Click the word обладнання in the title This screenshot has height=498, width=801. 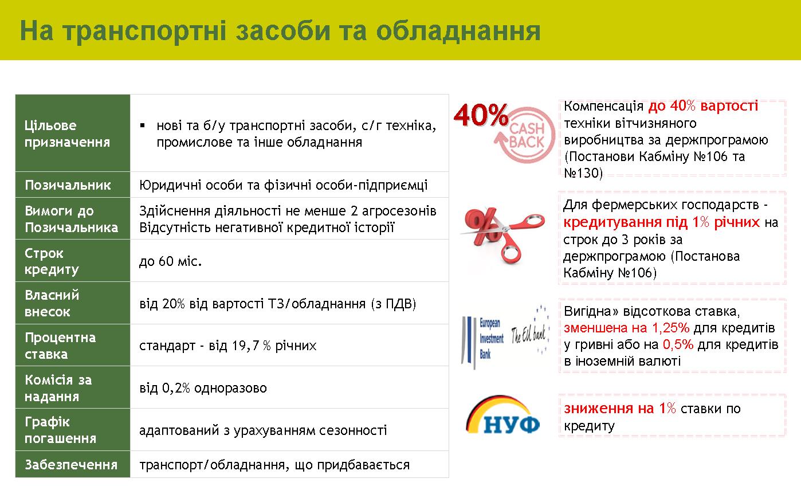458,32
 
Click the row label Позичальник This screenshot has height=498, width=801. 68,185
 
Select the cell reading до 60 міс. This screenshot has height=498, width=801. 170,261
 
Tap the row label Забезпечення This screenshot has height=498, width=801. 71,464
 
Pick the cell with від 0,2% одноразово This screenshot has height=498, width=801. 203,388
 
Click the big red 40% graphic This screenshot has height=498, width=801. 481,115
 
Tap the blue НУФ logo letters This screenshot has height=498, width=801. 511,425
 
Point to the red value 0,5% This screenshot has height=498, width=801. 678,344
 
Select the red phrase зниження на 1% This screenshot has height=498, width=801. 620,408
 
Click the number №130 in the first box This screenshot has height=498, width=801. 583,173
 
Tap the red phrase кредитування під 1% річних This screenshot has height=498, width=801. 662,222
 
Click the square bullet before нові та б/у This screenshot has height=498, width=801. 142,126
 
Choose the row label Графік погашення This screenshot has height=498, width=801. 60,430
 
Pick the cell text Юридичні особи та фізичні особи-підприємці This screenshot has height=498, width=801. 283,185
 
